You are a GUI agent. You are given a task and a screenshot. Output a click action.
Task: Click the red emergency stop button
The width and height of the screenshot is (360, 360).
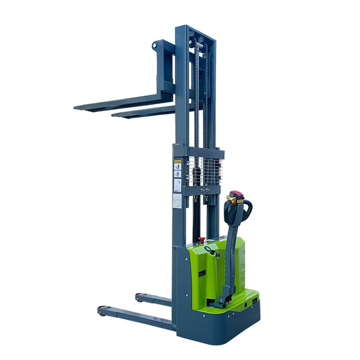202,238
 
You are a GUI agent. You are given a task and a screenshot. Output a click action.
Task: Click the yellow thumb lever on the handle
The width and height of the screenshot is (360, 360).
231,199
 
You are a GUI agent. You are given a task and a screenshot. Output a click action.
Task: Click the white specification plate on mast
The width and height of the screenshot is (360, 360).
177,201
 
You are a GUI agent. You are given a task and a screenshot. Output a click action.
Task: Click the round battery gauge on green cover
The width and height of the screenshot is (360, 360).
207,249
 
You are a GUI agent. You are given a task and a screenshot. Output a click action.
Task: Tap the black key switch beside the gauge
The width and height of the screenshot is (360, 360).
215,253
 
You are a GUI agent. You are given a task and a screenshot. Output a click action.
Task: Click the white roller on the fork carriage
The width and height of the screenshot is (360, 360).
155,45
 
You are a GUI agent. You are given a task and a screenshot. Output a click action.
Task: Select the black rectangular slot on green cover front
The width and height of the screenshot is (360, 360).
202,273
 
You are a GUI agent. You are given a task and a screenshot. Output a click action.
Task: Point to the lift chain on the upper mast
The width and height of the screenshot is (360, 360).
207,90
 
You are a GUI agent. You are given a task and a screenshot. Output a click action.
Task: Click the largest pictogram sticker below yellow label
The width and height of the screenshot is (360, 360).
178,184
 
